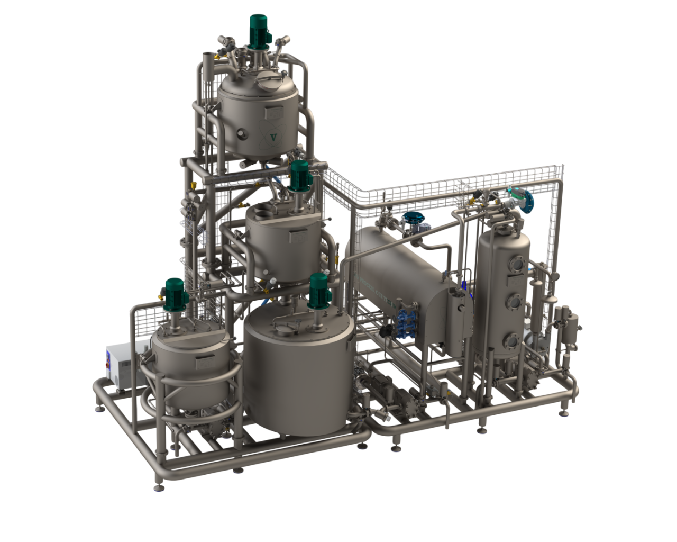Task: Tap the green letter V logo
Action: point(273,137)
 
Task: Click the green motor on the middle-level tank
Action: point(299,174)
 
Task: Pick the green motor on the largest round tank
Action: point(319,288)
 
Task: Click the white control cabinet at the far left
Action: point(122,362)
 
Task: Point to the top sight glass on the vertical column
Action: point(516,264)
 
